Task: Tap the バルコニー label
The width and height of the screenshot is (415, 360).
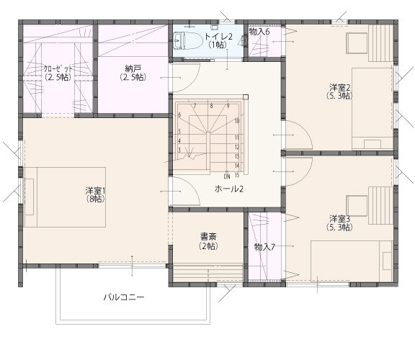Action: click(x=124, y=297)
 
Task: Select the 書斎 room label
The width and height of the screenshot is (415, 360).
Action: click(x=208, y=236)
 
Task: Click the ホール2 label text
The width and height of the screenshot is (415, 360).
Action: click(x=229, y=189)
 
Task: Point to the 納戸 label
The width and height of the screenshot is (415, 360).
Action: click(x=133, y=69)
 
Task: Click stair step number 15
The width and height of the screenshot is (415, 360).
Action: click(x=237, y=175)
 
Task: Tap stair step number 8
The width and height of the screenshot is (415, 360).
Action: click(x=211, y=106)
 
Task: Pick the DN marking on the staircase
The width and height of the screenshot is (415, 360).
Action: click(x=227, y=176)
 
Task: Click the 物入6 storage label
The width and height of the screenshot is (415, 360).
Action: click(x=259, y=32)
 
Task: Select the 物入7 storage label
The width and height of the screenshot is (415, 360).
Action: click(x=264, y=247)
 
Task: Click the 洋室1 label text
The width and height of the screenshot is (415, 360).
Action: click(x=96, y=191)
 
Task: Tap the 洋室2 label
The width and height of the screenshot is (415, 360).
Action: click(x=340, y=87)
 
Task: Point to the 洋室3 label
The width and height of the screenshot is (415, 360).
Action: click(x=340, y=219)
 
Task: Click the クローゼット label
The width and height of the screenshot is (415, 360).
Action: click(x=58, y=69)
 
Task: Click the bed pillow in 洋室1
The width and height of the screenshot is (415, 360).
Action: click(x=30, y=197)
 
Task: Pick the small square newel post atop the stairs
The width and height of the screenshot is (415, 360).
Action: click(x=246, y=96)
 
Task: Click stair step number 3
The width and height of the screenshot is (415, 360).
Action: click(x=179, y=150)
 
